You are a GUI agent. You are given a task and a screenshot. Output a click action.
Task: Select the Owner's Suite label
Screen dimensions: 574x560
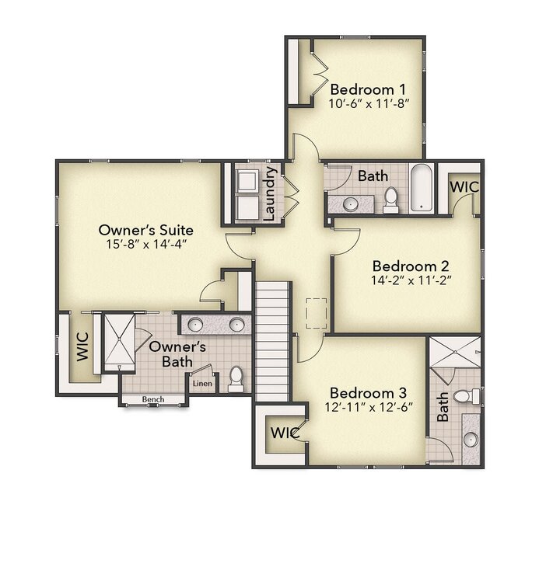coord(146,230)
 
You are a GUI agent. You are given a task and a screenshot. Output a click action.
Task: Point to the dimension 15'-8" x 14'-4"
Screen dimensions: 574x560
coord(146,245)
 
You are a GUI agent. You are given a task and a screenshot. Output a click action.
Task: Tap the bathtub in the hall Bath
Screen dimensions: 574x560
coord(420,188)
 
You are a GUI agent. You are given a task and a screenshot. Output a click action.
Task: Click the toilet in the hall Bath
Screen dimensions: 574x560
coord(390,200)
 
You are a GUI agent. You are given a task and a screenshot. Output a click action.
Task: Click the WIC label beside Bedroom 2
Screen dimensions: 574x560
coord(464,188)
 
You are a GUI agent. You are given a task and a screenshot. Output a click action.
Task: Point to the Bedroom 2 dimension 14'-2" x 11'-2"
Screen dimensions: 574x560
coord(411,279)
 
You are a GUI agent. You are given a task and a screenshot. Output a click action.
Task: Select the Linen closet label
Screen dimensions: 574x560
coord(202,383)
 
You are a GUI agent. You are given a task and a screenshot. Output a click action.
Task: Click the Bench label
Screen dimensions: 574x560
coord(153,399)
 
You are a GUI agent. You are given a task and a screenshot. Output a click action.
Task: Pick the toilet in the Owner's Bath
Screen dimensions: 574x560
coord(236,379)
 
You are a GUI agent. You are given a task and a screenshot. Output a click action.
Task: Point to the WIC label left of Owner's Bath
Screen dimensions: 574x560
coord(82,346)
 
